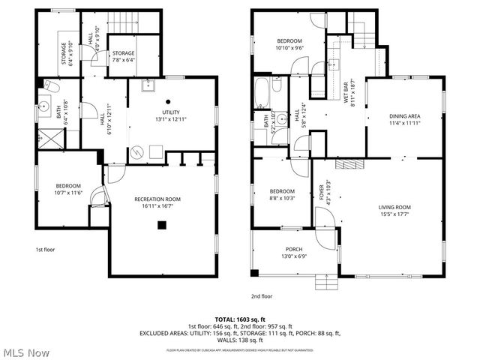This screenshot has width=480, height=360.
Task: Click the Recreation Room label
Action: (x=157, y=199)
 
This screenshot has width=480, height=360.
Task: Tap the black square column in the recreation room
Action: (x=160, y=224)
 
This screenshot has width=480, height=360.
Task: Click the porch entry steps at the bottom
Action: (x=326, y=281)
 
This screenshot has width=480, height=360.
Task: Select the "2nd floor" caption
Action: (x=262, y=296)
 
